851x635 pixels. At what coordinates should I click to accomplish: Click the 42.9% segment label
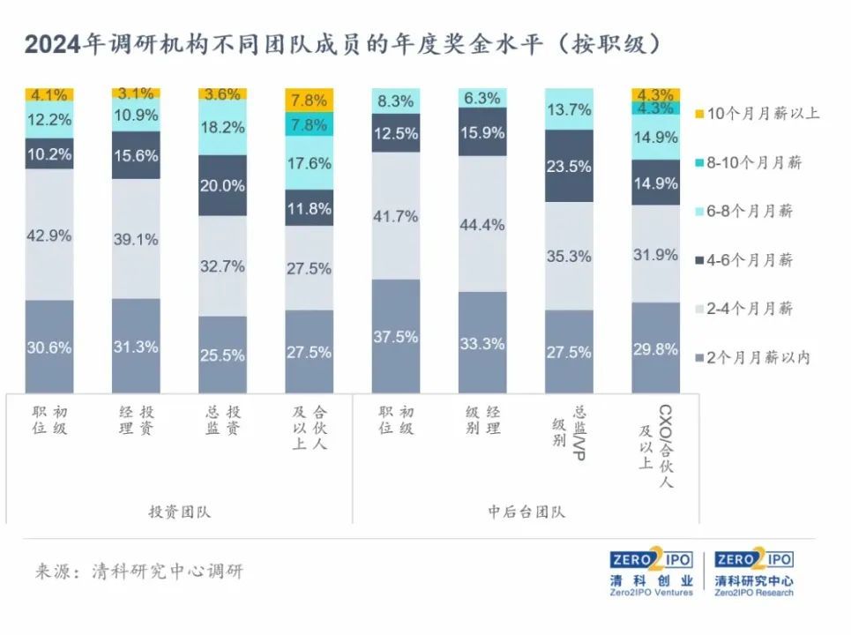(49, 235)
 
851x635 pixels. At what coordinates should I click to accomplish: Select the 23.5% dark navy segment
(569, 166)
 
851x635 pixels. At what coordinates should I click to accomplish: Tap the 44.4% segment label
(482, 225)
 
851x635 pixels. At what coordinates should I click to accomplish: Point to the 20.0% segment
(222, 185)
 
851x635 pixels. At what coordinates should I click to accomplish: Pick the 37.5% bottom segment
(396, 336)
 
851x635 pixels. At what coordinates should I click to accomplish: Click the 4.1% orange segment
(49, 94)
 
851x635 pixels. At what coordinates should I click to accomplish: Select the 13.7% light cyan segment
(569, 109)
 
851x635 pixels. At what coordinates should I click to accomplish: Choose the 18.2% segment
(222, 128)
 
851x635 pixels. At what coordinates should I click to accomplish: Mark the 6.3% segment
(482, 98)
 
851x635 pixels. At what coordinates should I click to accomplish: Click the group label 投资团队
(180, 512)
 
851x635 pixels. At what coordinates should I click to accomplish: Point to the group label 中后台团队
(526, 512)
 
